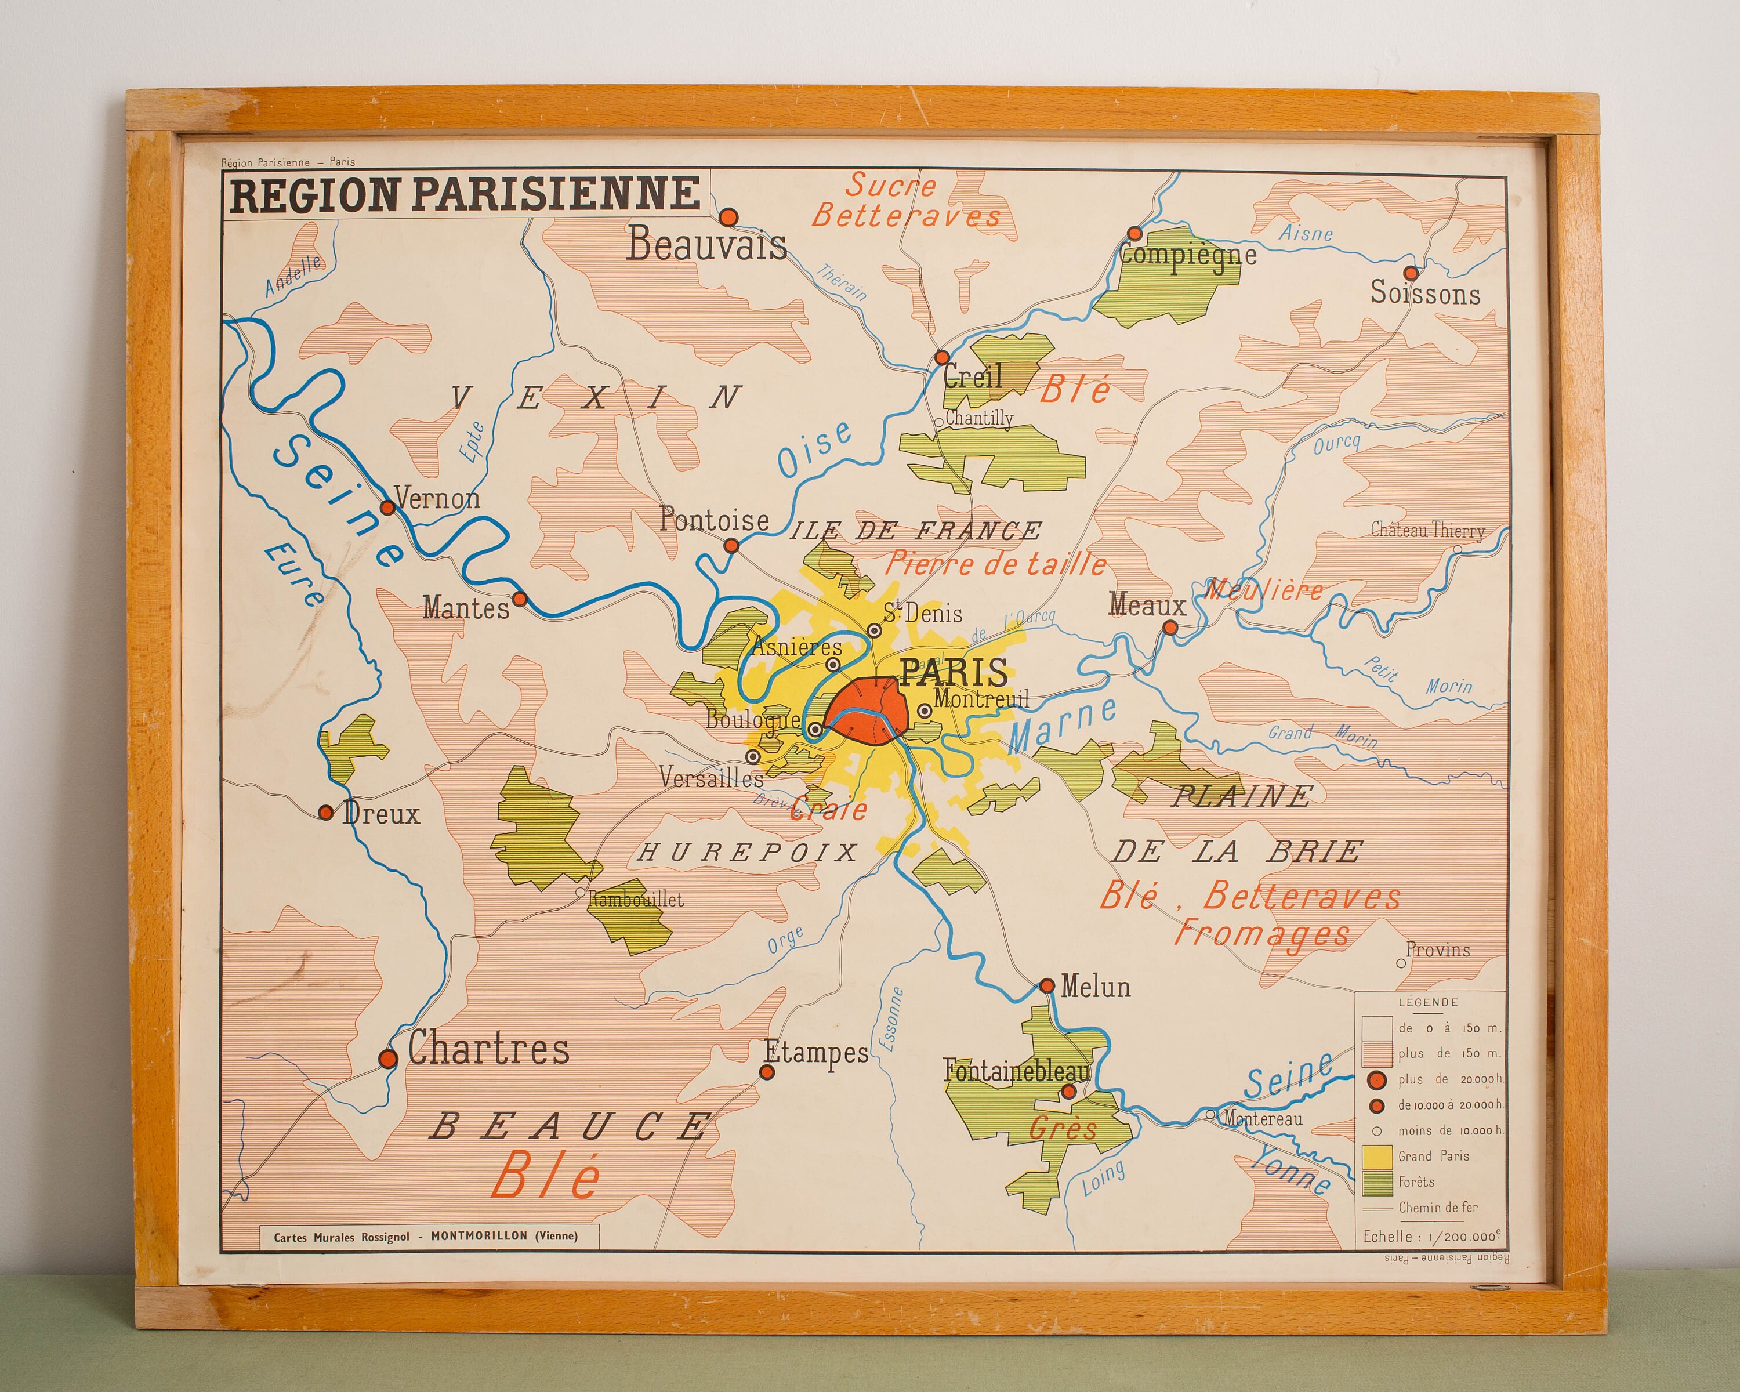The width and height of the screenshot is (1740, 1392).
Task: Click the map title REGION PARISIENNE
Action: tap(466, 194)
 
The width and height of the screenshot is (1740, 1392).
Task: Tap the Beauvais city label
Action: tap(706, 244)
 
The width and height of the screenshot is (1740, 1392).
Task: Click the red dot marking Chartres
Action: tap(388, 1058)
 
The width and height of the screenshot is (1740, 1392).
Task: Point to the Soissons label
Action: tap(1425, 293)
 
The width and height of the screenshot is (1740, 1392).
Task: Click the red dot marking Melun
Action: tap(1047, 985)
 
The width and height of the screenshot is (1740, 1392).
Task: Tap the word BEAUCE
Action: tap(570, 1126)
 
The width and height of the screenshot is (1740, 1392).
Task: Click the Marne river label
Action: tap(1061, 724)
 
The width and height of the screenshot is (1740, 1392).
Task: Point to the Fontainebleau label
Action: tap(1016, 1071)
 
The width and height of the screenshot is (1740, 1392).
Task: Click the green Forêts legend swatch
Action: tap(1377, 1182)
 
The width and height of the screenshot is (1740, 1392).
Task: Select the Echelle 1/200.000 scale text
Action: tap(1431, 1236)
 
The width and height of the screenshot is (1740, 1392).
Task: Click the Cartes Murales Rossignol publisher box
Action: tap(425, 1236)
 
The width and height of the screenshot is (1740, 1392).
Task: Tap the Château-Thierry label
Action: tap(1427, 531)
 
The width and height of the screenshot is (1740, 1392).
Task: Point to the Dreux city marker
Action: tap(326, 812)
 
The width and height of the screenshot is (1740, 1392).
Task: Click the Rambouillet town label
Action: tap(635, 899)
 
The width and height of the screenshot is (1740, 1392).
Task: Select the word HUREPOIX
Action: tap(747, 853)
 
